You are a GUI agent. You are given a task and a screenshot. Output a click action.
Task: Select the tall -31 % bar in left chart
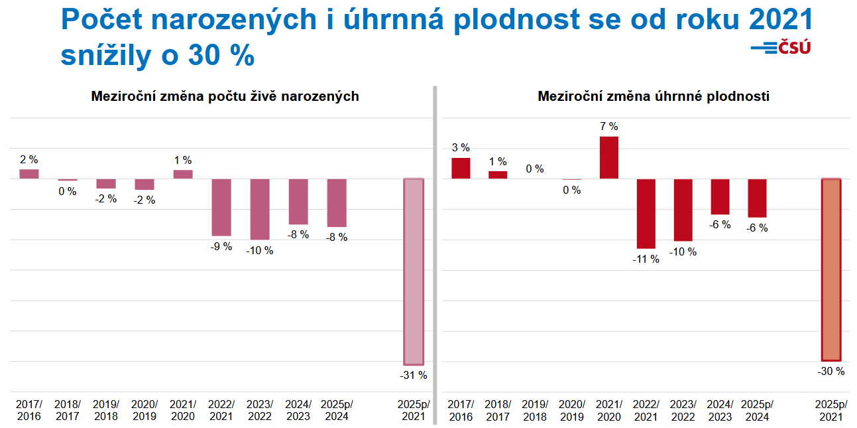click(x=414, y=271)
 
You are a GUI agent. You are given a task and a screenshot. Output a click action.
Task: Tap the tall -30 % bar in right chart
click(x=831, y=269)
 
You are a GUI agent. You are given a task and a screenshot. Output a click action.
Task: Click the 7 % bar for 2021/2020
click(x=609, y=158)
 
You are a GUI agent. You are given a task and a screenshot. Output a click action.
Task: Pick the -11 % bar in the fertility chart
click(x=646, y=214)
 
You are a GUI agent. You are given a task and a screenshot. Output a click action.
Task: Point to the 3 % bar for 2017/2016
click(x=461, y=169)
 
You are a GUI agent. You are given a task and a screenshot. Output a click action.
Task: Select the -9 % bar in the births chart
click(x=221, y=207)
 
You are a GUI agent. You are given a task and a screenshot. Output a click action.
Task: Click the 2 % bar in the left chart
click(x=29, y=174)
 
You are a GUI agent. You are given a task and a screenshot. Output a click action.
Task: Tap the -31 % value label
click(x=414, y=376)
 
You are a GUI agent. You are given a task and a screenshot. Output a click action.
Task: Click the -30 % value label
click(x=831, y=372)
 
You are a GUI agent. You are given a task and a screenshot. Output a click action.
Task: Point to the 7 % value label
click(x=609, y=127)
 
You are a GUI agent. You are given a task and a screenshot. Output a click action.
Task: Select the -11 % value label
click(x=646, y=259)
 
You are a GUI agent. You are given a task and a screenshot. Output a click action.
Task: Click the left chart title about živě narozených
click(x=225, y=96)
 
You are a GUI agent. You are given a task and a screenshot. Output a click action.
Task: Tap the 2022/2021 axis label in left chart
click(x=221, y=411)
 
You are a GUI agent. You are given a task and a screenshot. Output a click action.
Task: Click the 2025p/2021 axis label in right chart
click(x=831, y=411)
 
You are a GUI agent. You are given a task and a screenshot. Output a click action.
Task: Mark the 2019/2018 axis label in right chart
click(x=536, y=411)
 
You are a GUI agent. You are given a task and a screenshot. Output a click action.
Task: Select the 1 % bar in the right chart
click(x=498, y=175)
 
